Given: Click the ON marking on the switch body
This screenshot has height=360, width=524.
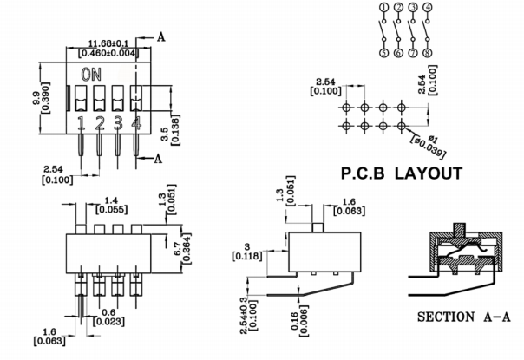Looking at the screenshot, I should [89, 76].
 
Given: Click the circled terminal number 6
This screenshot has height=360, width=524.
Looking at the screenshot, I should [399, 53].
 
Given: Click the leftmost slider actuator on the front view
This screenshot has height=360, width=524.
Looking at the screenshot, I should [81, 99].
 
